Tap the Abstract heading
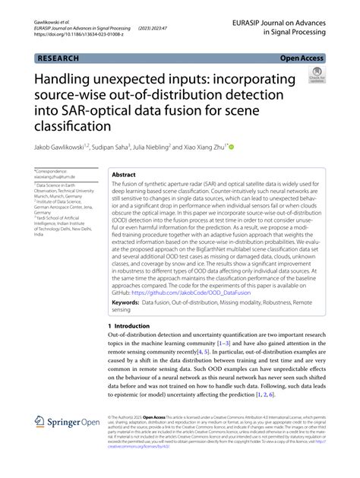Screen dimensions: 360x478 (125, 175)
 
